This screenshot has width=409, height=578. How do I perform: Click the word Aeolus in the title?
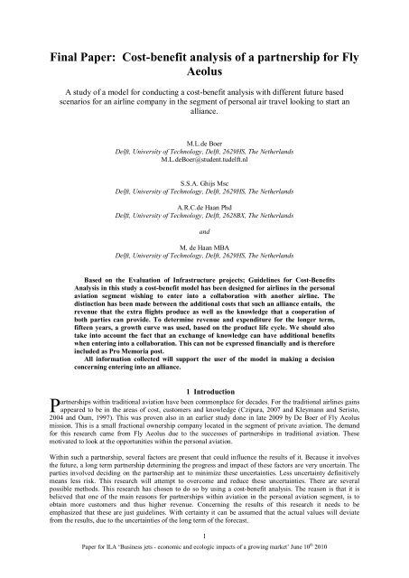[x=204, y=56]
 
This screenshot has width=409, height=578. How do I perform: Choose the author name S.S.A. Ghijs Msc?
[x=204, y=192]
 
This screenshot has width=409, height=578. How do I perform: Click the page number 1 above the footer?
[x=204, y=553]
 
